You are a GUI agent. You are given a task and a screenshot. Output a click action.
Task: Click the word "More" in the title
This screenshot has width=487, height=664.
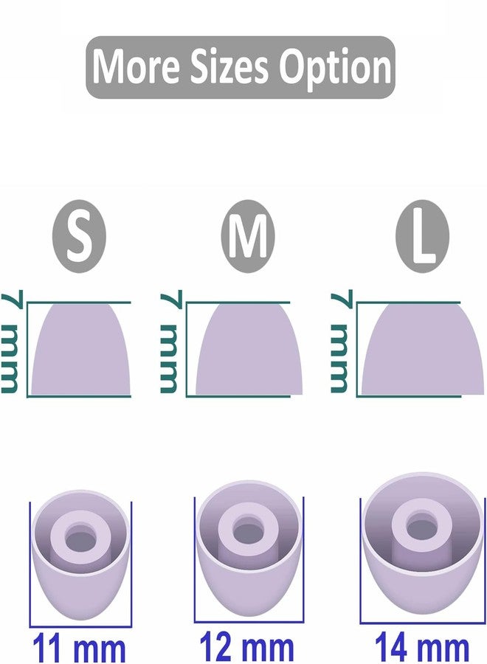coord(137,66)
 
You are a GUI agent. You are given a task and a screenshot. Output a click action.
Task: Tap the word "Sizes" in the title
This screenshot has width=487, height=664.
coord(229,66)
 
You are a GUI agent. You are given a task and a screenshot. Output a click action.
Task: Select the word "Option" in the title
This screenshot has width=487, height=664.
coord(334,68)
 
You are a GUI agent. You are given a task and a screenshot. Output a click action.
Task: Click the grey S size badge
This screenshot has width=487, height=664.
coord(79,236)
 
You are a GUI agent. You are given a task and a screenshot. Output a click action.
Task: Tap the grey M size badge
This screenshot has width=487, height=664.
coord(248,236)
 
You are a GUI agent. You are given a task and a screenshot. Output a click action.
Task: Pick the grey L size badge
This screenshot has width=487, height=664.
coord(422,236)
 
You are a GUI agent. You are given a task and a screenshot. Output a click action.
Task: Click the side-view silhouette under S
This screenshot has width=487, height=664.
coord(80,350)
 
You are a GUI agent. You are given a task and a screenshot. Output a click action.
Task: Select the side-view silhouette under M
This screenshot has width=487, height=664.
coord(249,350)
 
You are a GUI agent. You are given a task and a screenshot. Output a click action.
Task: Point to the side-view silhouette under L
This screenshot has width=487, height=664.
coord(423,350)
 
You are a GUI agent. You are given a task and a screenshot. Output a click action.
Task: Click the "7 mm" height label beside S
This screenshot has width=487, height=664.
coord(10,342)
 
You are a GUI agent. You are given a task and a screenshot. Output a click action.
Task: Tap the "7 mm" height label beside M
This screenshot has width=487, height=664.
coord(170,342)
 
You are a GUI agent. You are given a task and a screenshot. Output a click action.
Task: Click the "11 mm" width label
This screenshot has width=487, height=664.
coord(79,649)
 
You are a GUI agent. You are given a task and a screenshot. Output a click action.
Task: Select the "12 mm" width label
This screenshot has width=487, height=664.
coord(246,646)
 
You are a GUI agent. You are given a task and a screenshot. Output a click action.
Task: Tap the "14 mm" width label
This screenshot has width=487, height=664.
coord(422,647)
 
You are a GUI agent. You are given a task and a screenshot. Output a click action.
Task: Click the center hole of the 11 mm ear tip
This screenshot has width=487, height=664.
coord(80,539)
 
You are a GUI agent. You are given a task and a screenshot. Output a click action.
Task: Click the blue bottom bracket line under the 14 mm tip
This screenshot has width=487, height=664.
coord(421,623)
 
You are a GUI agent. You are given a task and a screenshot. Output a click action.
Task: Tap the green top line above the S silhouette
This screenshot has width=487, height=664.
coord(79,302)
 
